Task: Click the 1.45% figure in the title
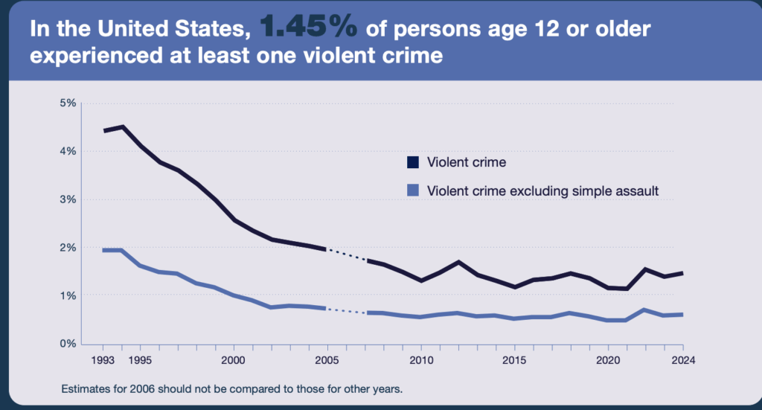(x=308, y=27)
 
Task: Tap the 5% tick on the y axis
(x=68, y=103)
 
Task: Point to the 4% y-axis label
(x=68, y=151)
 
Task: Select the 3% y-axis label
(x=68, y=199)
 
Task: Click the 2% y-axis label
(x=68, y=247)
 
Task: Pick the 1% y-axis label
(x=68, y=295)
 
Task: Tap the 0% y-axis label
(x=68, y=344)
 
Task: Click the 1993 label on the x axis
(x=103, y=361)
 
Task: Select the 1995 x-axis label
(x=140, y=361)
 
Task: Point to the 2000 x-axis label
(x=234, y=361)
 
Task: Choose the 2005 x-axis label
(x=327, y=361)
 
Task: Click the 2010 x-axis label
(x=421, y=361)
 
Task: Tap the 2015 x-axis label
(x=515, y=361)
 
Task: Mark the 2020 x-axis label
(x=609, y=361)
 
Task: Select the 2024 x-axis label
(x=683, y=361)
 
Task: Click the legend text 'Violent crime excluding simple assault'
(x=543, y=190)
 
